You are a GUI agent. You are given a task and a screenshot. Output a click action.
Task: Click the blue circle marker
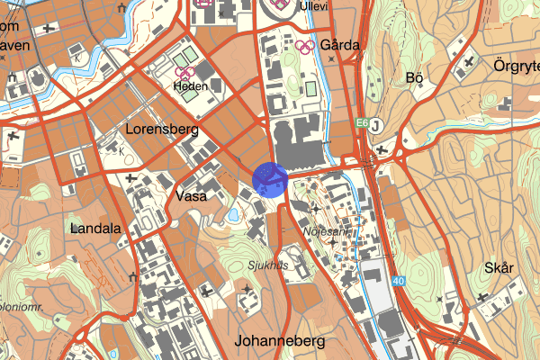tap(270, 179)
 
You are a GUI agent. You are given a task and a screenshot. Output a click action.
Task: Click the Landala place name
tap(95, 229)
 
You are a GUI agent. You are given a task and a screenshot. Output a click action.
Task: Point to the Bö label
tap(415, 78)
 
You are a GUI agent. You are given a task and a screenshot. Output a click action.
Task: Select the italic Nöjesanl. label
tap(328, 231)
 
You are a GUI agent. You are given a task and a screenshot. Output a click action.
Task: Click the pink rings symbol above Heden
tap(185, 71)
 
